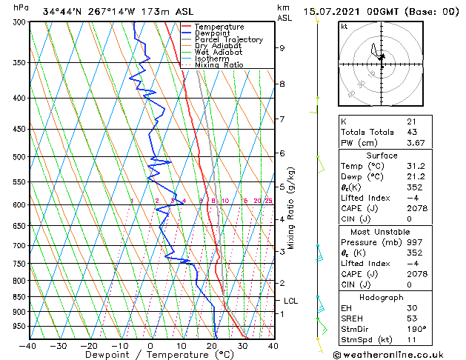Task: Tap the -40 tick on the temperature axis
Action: (x=28, y=345)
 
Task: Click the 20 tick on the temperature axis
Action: (x=212, y=345)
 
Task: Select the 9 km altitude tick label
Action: (x=282, y=48)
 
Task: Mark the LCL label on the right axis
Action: (x=290, y=301)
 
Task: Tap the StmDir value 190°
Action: (x=416, y=329)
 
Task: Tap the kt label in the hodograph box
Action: (x=344, y=26)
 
